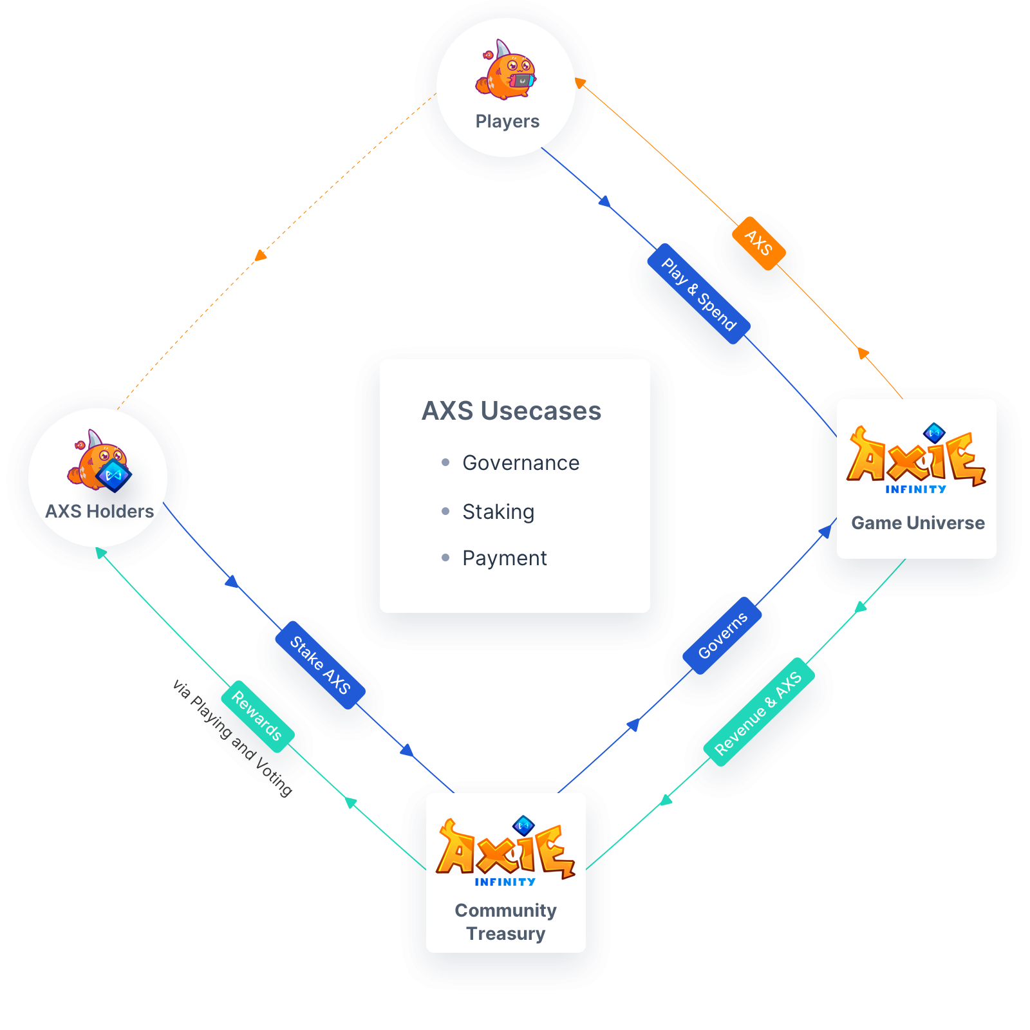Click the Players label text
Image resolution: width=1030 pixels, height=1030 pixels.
pyautogui.click(x=507, y=121)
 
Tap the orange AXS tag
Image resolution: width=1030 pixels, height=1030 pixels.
pyautogui.click(x=758, y=243)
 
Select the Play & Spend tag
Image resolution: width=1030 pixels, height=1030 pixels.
pyautogui.click(x=699, y=294)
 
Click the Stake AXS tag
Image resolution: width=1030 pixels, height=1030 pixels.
pyautogui.click(x=320, y=665)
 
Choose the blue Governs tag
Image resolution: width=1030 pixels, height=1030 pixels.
pyautogui.click(x=722, y=635)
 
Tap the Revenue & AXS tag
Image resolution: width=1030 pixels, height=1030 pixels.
pyautogui.click(x=758, y=712)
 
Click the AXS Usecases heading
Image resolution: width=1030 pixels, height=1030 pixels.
pyautogui.click(x=511, y=411)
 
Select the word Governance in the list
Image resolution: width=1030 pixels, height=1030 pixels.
pyautogui.click(x=521, y=463)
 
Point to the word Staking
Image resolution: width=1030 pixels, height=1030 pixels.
pyautogui.click(x=498, y=512)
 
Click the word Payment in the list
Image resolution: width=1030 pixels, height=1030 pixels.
pyautogui.click(x=505, y=558)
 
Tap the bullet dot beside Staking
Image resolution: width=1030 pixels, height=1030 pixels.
pyautogui.click(x=445, y=511)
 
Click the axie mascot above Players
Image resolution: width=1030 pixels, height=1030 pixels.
pyautogui.click(x=506, y=72)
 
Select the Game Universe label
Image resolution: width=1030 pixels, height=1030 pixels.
pyautogui.click(x=917, y=523)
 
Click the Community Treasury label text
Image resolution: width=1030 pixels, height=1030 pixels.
pyautogui.click(x=506, y=922)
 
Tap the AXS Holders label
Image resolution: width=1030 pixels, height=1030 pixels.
pyautogui.click(x=100, y=511)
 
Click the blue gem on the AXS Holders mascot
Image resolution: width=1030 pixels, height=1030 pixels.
pyautogui.click(x=114, y=475)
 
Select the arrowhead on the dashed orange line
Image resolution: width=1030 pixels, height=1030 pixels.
pyautogui.click(x=260, y=256)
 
